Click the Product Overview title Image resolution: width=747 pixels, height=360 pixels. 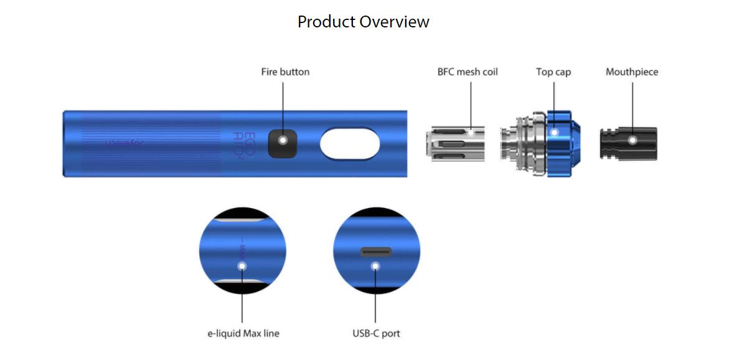363,22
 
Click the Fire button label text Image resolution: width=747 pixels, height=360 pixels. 285,72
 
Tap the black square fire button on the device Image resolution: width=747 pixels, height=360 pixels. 283,143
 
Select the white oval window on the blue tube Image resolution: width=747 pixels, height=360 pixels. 349,143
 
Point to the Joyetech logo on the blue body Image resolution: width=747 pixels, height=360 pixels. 124,143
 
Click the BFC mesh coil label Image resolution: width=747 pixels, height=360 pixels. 467,72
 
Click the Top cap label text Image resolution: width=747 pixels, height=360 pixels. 553,72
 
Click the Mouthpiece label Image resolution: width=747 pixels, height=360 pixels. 632,72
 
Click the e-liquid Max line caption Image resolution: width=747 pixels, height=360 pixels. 243,334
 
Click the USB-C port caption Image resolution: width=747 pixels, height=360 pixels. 376,334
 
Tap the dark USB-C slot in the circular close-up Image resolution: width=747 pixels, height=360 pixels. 376,252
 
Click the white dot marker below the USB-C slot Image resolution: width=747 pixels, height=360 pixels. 375,266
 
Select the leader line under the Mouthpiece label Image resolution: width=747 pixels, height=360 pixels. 632,103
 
